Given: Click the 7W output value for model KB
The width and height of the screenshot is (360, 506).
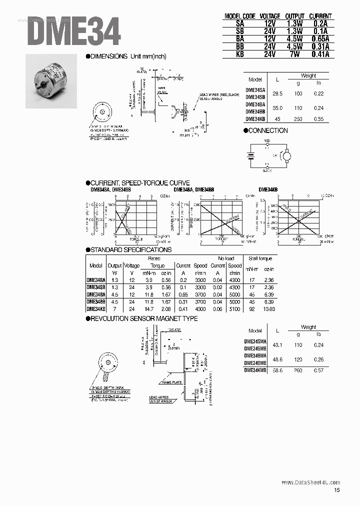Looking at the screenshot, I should coord(293,54).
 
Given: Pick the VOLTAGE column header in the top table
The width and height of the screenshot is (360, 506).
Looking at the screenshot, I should coord(270,16).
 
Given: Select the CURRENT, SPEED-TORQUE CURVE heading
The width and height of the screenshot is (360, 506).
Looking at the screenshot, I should coord(138,183).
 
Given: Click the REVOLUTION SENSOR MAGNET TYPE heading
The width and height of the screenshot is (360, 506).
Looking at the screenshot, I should coord(142,318).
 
